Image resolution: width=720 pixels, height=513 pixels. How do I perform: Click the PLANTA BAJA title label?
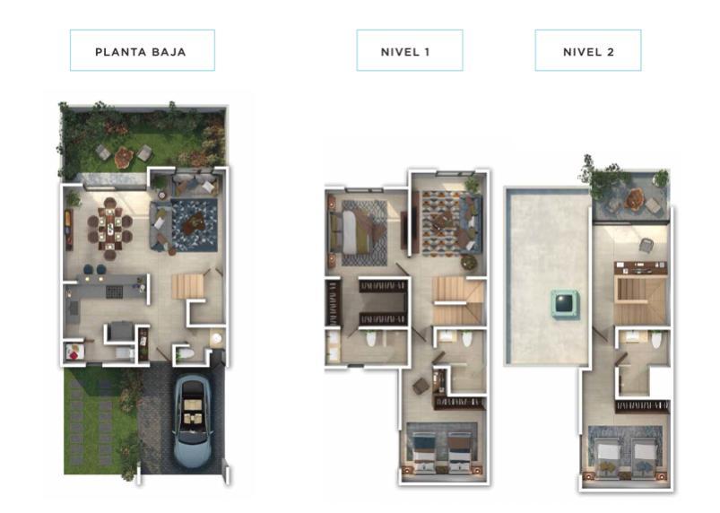(141, 52)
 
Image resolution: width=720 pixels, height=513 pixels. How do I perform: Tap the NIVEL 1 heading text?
(405, 52)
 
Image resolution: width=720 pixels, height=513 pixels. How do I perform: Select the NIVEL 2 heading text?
(588, 52)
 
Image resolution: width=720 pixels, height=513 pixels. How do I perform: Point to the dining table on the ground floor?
(110, 227)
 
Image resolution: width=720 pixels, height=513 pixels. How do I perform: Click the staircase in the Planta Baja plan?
(187, 286)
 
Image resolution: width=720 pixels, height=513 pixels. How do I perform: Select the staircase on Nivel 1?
(459, 300)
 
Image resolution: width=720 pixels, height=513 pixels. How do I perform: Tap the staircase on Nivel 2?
(640, 300)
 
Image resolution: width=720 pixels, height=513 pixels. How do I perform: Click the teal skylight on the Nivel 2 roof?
(564, 303)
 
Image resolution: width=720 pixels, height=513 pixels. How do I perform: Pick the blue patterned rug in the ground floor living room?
(195, 225)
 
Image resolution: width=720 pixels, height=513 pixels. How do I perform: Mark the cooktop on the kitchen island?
(115, 291)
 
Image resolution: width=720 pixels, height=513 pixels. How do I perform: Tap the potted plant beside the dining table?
(73, 198)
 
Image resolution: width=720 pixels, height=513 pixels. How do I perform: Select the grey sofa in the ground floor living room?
(159, 226)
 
